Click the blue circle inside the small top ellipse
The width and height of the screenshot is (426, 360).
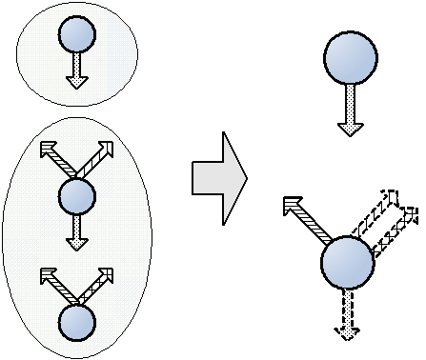[76, 35]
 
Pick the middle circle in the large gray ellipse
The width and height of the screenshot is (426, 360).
[77, 197]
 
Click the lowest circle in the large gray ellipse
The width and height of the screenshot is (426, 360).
[76, 322]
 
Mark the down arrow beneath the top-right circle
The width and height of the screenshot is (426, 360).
[350, 109]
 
